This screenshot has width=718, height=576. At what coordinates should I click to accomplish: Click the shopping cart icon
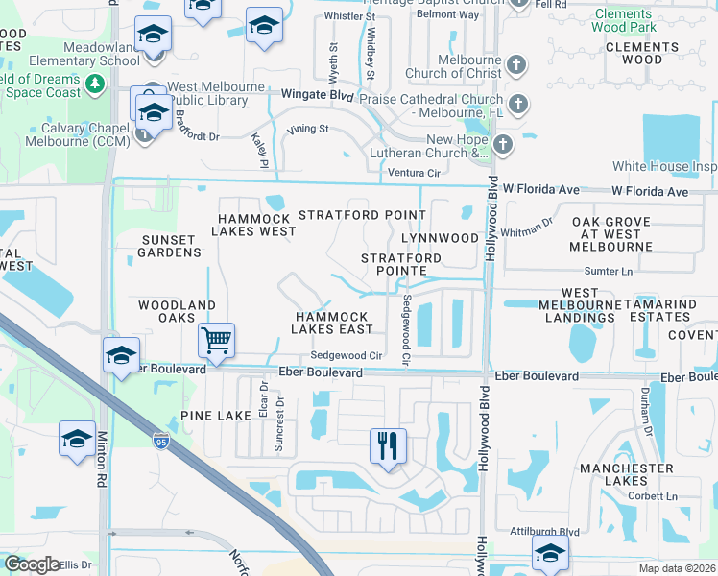pyautogui.click(x=217, y=340)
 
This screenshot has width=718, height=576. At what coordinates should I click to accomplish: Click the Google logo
pyautogui.click(x=33, y=564)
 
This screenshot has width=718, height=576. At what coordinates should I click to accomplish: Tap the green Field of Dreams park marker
pyautogui.click(x=95, y=84)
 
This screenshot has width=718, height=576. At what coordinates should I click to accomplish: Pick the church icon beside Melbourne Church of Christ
pyautogui.click(x=517, y=65)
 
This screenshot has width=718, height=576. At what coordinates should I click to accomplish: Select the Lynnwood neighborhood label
pyautogui.click(x=439, y=237)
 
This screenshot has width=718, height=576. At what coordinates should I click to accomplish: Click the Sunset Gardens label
pyautogui.click(x=172, y=246)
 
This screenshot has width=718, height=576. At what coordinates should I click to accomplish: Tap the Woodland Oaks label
pyautogui.click(x=177, y=312)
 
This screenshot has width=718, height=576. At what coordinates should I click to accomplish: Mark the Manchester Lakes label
pyautogui.click(x=626, y=475)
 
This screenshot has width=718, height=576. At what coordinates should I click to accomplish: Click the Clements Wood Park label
pyautogui.click(x=637, y=20)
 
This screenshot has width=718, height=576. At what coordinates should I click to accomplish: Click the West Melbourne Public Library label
pyautogui.click(x=216, y=94)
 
